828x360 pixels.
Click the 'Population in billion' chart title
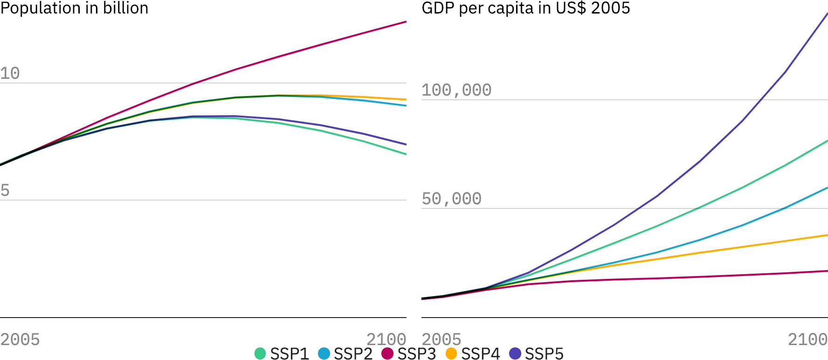click(x=74, y=8)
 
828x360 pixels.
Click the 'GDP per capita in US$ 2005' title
click(x=525, y=8)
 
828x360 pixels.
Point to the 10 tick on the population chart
click(x=10, y=74)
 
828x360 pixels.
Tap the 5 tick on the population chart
click(x=5, y=190)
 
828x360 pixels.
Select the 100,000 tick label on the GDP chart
click(x=456, y=90)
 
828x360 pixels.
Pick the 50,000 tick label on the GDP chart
click(x=451, y=199)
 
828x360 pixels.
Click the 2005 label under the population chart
click(x=20, y=339)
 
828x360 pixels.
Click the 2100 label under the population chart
click(x=386, y=339)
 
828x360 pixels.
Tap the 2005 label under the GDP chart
click(x=441, y=339)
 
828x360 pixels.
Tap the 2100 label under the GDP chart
click(x=807, y=339)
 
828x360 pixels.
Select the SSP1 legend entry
click(x=282, y=353)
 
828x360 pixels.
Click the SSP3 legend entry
click(x=409, y=353)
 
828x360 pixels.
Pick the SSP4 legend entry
click(x=473, y=353)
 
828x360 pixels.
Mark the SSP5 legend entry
click(x=536, y=353)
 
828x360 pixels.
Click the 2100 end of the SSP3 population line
click(x=406, y=22)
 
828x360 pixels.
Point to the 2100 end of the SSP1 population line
click(x=406, y=154)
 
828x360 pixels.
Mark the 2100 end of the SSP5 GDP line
click(x=827, y=14)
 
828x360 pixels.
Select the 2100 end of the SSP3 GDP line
click(x=827, y=271)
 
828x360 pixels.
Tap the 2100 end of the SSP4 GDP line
click(x=827, y=235)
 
